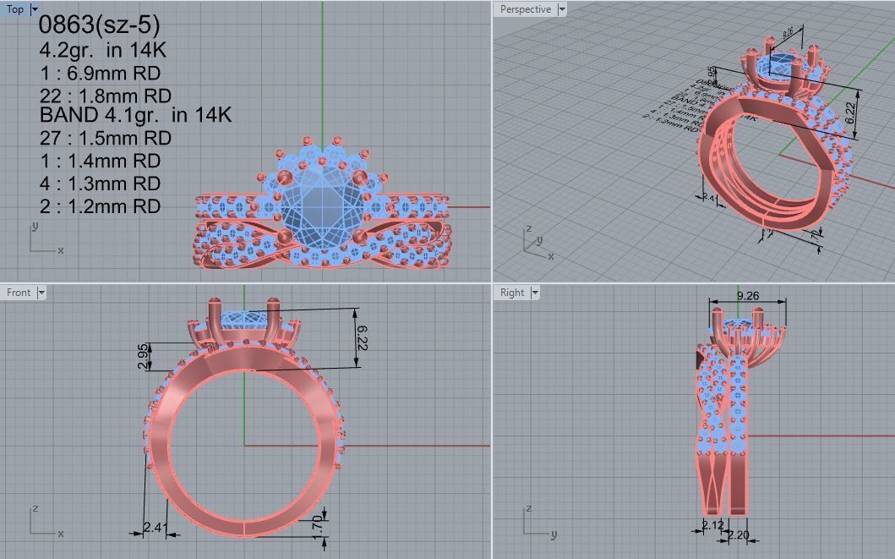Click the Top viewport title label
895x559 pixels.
pos(15,9)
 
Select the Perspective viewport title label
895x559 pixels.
pos(525,9)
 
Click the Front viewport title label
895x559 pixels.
pos(19,293)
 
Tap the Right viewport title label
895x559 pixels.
pos(512,293)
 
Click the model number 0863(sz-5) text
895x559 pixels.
pos(99,25)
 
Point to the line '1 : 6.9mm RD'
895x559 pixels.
pos(100,73)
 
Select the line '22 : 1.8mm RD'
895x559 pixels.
pos(105,96)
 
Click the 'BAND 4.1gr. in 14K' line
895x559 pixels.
pos(135,115)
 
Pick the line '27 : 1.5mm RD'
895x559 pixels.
pos(105,138)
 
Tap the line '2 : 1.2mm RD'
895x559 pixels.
pos(100,206)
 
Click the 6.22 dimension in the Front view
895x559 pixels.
pos(361,337)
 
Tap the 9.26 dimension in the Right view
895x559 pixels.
pos(747,296)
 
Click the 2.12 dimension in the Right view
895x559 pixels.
pos(713,526)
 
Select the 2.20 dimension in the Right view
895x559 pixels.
pos(738,534)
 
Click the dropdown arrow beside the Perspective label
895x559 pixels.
pos(562,9)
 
